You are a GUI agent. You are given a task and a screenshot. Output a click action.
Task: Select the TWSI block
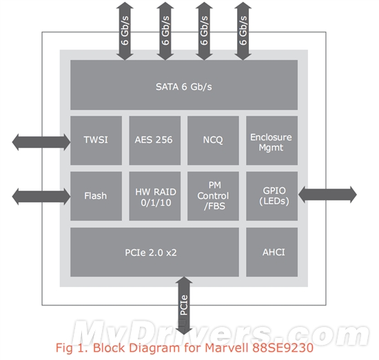(x=96, y=140)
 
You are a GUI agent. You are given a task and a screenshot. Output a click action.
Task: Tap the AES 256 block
(x=154, y=140)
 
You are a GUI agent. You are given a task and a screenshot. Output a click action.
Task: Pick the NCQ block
(x=213, y=140)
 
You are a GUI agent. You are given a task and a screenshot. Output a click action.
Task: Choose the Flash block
(x=96, y=196)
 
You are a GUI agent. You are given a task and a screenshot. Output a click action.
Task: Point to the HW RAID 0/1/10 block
(x=154, y=196)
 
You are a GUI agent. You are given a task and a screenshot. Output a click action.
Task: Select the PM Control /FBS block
(x=213, y=196)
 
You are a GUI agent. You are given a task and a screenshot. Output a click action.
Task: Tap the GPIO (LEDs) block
(x=272, y=196)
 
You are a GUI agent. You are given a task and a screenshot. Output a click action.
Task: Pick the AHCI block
(x=272, y=252)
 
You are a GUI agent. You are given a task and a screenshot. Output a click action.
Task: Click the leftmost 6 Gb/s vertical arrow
(x=125, y=30)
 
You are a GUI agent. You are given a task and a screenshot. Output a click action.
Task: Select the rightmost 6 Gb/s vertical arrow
(x=243, y=30)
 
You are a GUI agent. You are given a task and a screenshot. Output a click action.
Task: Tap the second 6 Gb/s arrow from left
(x=165, y=30)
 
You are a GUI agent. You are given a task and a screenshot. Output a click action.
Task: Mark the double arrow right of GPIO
(x=327, y=194)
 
